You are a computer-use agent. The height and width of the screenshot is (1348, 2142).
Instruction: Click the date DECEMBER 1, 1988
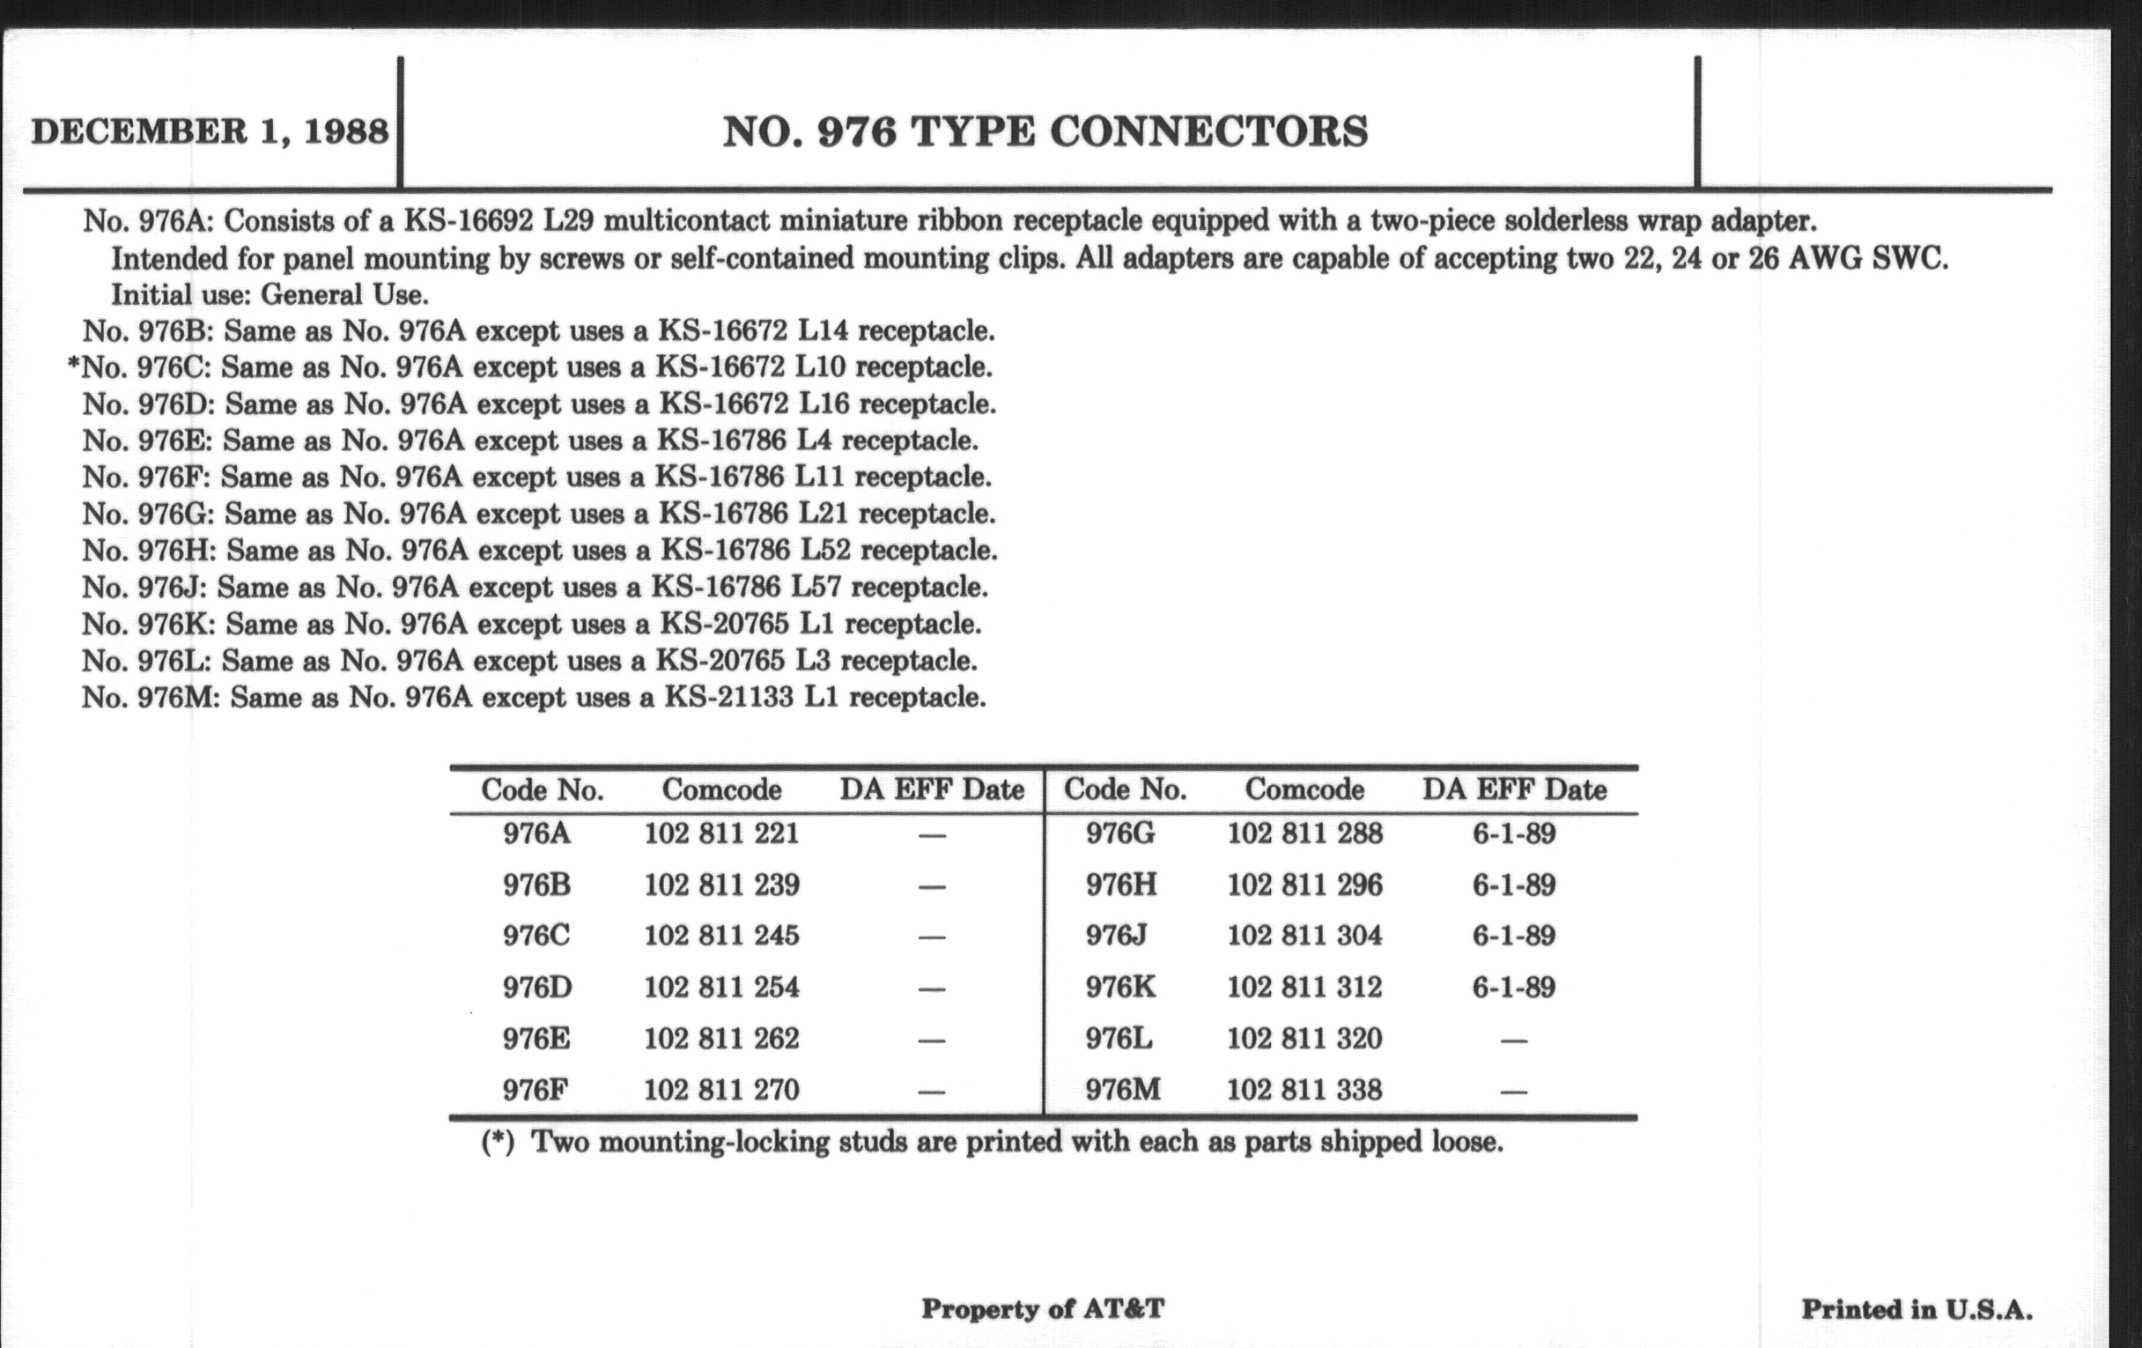tap(210, 131)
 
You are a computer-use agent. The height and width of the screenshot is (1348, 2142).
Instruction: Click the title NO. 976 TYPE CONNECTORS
tap(1045, 131)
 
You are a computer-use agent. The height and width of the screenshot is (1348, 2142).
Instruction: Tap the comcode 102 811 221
tap(721, 833)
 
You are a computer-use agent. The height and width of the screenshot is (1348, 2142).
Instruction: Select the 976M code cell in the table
tap(1123, 1090)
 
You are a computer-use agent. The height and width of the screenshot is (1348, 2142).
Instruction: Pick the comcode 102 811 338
tap(1304, 1090)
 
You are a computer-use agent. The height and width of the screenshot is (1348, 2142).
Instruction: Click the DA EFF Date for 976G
tap(1514, 833)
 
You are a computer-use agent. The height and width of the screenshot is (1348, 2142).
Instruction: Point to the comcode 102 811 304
tap(1304, 936)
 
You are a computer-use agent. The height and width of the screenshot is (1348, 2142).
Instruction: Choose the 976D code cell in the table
tap(537, 988)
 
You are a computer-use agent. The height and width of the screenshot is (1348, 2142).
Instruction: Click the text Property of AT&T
tap(1043, 1309)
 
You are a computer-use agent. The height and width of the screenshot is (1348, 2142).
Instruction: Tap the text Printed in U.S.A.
tap(1917, 1310)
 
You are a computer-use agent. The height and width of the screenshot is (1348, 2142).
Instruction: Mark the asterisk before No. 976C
tap(74, 366)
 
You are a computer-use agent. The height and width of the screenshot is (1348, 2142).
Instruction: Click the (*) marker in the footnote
tap(499, 1143)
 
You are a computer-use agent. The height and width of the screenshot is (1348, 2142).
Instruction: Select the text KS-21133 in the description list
tap(728, 697)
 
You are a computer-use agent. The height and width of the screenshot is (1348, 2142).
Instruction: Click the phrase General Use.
tap(344, 294)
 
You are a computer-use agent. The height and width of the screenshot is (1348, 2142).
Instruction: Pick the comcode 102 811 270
tap(721, 1090)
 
